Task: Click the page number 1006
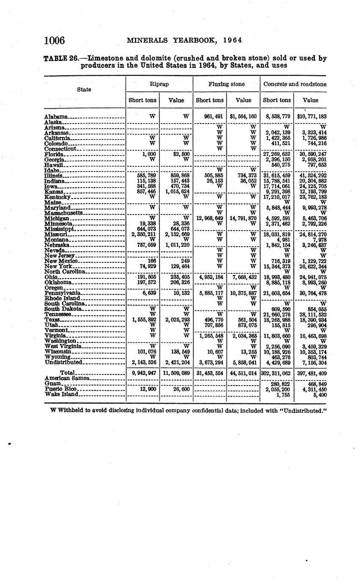(x=54, y=41)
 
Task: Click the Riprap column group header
(x=159, y=84)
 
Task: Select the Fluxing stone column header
(x=226, y=84)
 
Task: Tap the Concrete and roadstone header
(x=295, y=84)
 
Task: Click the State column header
(x=84, y=90)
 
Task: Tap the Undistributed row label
(x=63, y=362)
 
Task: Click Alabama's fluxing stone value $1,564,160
(x=243, y=116)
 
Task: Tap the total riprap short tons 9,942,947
(x=144, y=373)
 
